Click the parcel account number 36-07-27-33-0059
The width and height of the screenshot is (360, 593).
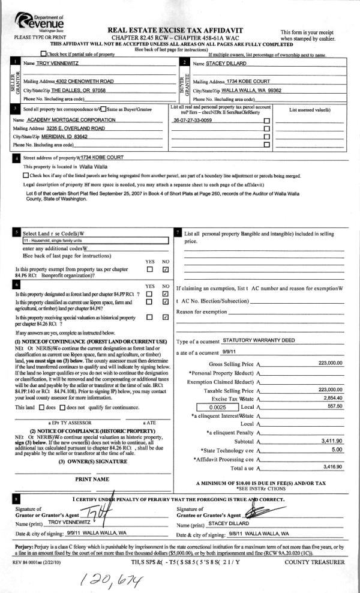[x=192, y=121]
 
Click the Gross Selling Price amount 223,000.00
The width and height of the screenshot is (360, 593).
[x=331, y=363]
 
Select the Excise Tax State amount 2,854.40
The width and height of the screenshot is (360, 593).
[x=332, y=398]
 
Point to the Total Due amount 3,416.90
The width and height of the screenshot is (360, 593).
[x=332, y=466]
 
